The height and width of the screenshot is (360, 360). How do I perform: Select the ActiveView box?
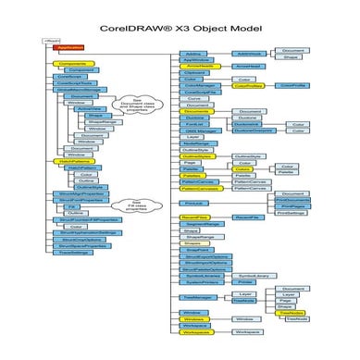(89, 108)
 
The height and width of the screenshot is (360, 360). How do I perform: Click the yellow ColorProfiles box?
(247, 85)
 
